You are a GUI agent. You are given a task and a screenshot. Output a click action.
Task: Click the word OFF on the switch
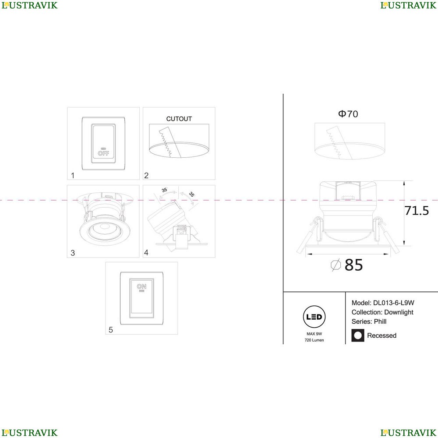[x=103, y=153]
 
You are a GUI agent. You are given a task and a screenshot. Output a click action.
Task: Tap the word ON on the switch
[x=141, y=286]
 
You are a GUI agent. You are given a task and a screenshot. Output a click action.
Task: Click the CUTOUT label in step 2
[x=179, y=119]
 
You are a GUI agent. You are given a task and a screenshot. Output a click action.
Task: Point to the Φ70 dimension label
[x=348, y=114]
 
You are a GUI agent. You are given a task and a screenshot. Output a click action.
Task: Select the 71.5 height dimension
[x=417, y=211]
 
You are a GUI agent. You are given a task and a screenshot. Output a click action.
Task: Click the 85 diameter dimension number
[x=353, y=265]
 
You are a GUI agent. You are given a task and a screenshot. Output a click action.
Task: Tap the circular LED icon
[x=314, y=317]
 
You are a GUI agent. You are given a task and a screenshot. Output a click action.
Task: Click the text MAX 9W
[x=314, y=334]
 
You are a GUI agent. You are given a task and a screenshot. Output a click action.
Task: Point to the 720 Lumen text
[x=314, y=340]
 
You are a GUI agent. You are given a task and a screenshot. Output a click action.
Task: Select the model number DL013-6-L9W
[x=394, y=303]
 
